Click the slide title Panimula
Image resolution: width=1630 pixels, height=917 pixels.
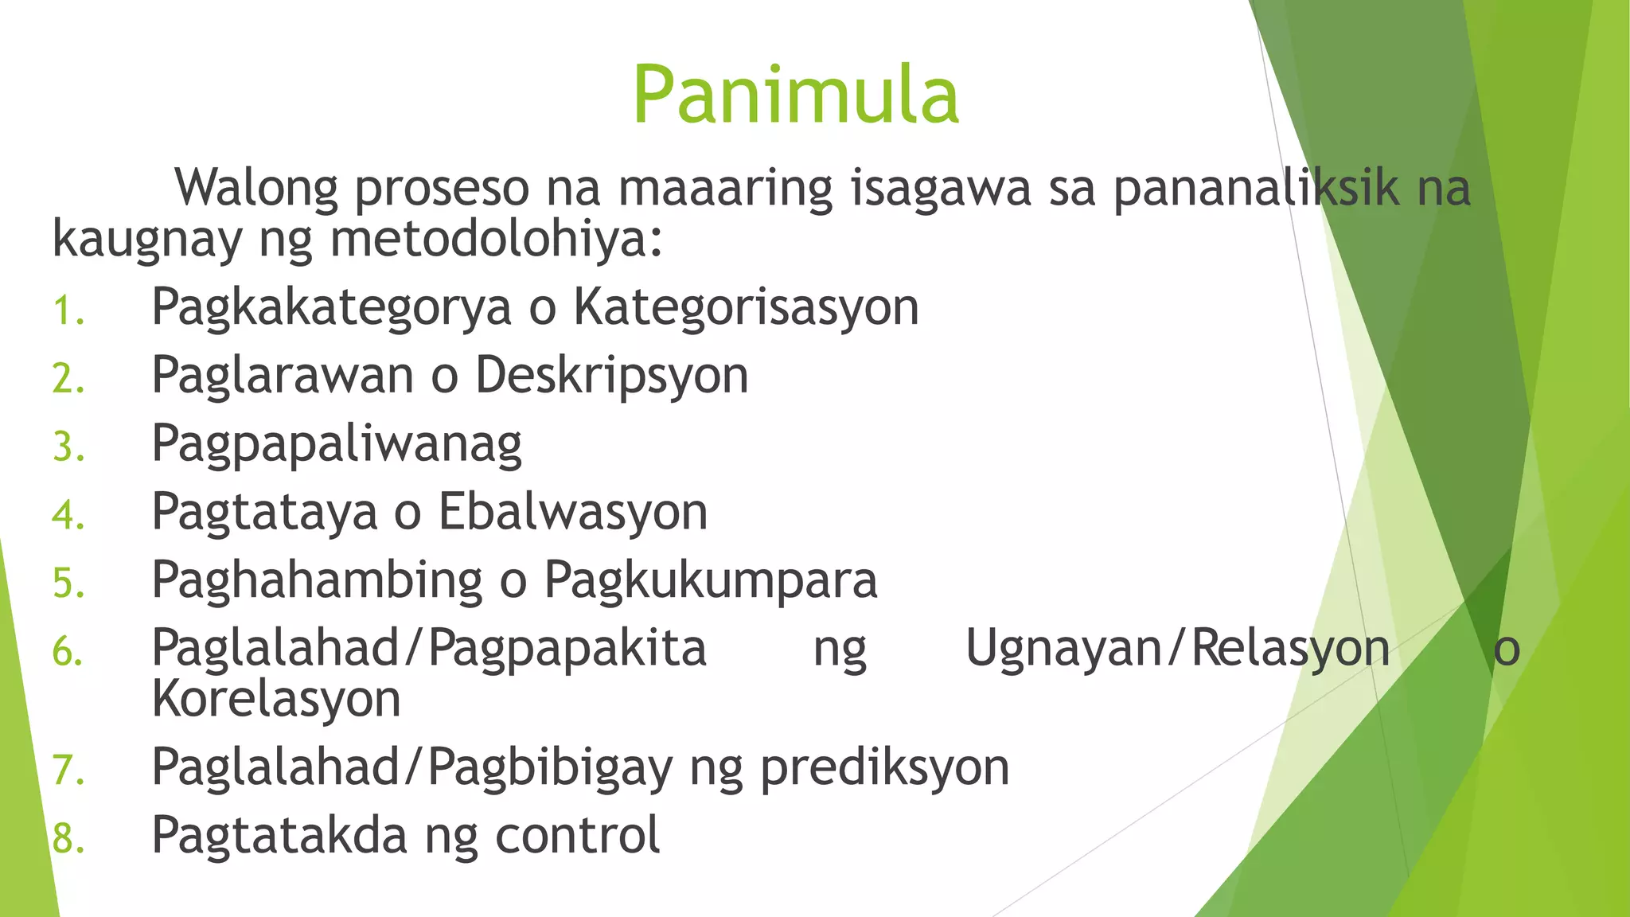tap(796, 96)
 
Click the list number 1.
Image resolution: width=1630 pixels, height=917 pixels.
tap(67, 311)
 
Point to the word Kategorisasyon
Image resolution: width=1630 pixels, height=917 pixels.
tap(747, 307)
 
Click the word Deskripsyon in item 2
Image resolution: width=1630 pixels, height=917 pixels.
tap(612, 376)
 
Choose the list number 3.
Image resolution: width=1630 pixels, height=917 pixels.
tap(67, 447)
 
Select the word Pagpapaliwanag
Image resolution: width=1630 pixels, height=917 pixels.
tap(337, 444)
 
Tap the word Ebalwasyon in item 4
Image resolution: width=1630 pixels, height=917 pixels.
tap(573, 512)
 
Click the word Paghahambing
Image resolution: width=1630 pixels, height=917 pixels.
tap(317, 580)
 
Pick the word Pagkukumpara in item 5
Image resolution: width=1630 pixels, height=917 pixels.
tap(711, 580)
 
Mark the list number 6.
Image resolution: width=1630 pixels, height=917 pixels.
tap(67, 653)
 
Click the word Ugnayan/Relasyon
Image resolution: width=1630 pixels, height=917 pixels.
tap(1177, 649)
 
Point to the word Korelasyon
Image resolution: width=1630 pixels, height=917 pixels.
tap(276, 700)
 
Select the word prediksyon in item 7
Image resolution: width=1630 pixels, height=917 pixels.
tap(884, 768)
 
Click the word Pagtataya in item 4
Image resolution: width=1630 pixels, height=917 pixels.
tap(264, 512)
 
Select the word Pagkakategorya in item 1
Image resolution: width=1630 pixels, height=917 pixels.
tap(331, 307)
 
